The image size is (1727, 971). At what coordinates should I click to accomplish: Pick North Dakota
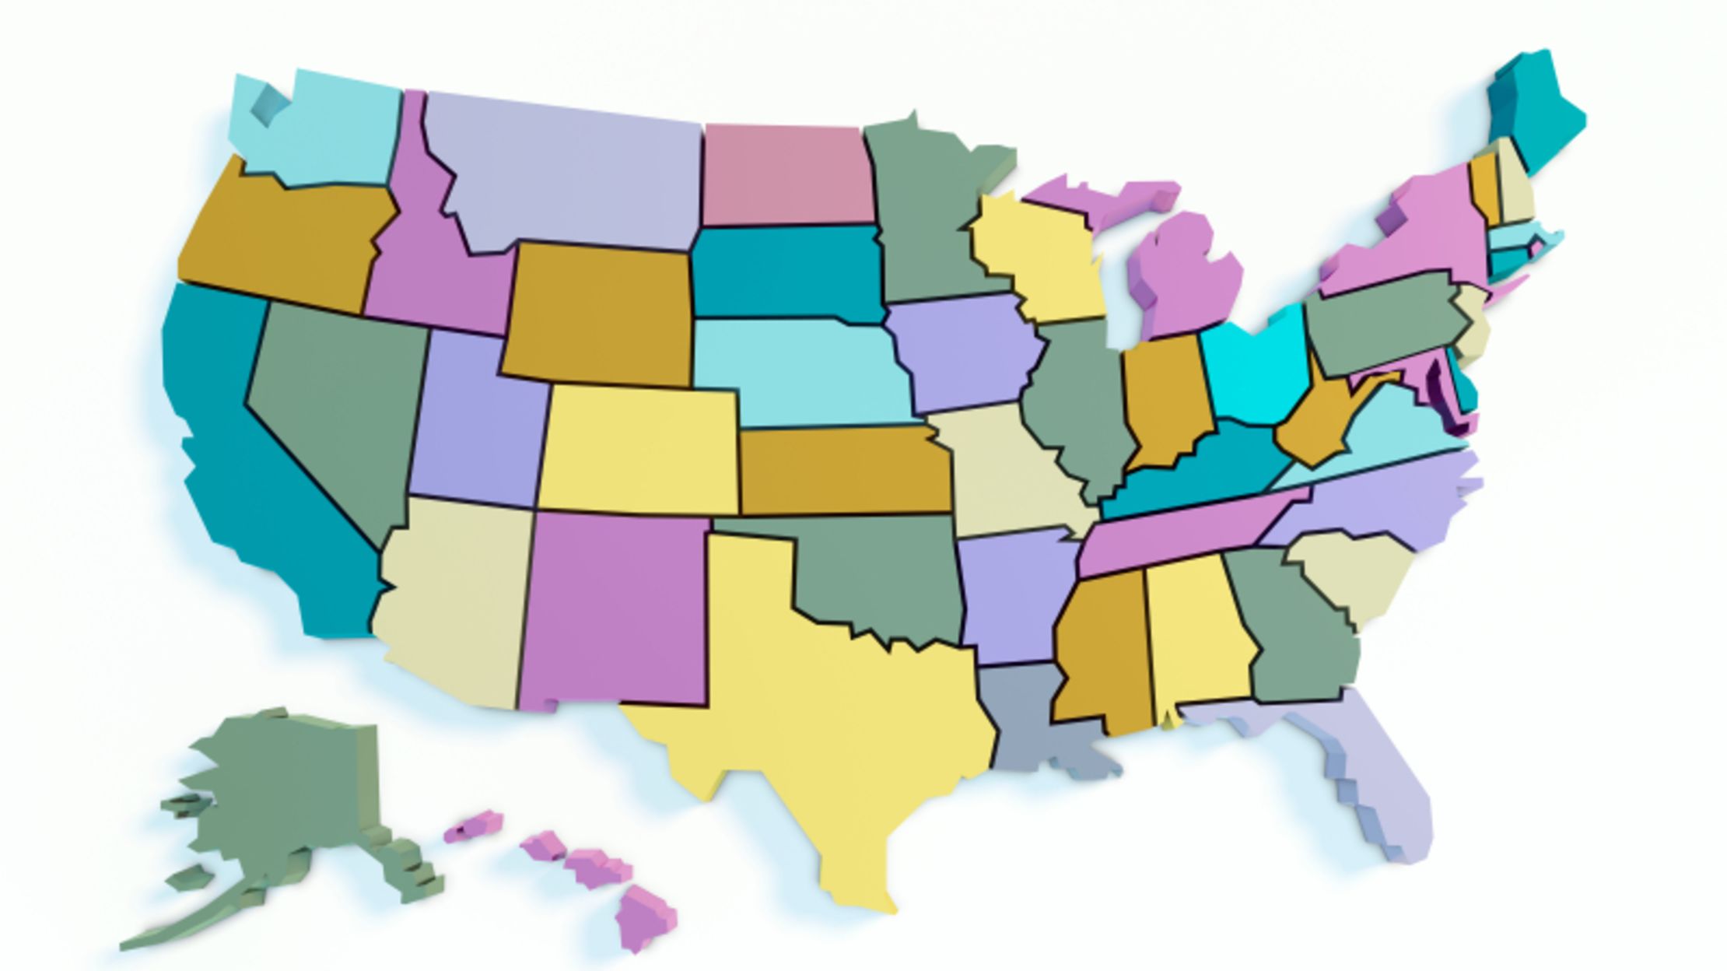pyautogui.click(x=786, y=175)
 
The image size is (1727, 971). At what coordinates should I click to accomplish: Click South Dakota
pyautogui.click(x=786, y=272)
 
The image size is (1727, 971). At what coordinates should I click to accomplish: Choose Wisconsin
pyautogui.click(x=1035, y=257)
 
